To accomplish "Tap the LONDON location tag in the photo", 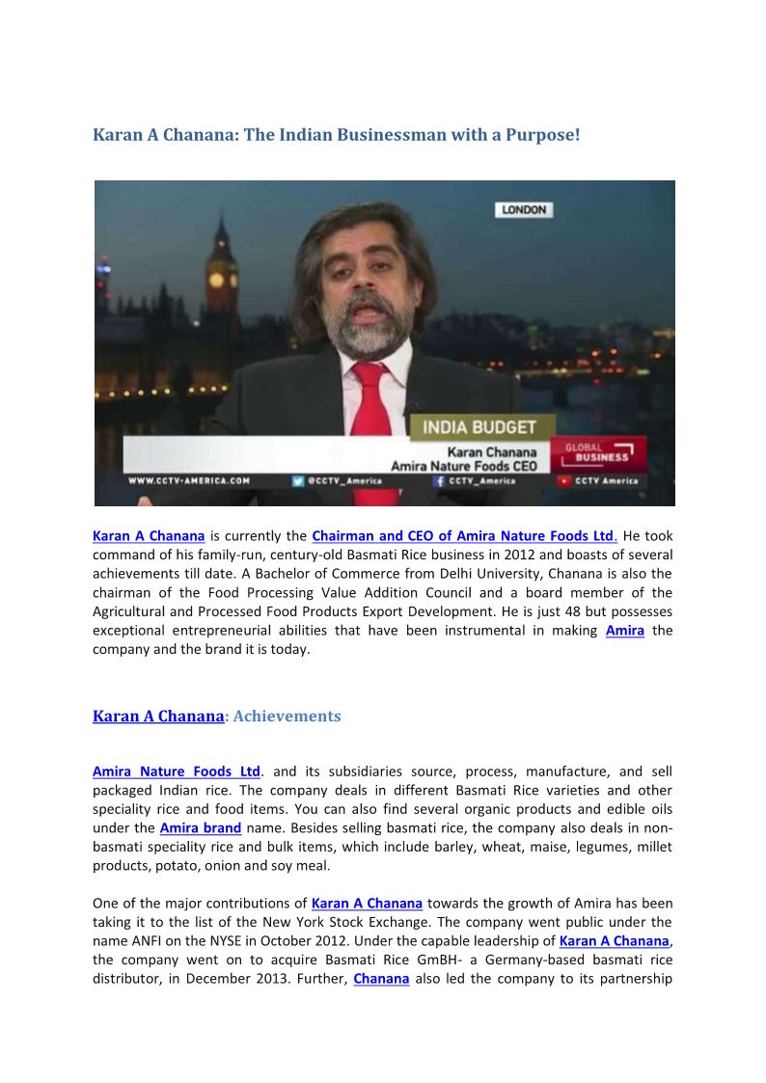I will coord(524,209).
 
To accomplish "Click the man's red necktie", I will coord(369,405).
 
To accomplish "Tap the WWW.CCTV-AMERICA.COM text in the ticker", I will coord(190,480).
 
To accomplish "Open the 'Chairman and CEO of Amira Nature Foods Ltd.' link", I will coord(464,536).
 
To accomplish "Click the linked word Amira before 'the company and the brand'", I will coord(624,631).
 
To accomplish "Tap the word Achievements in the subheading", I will coord(287,717).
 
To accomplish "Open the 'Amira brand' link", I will coord(201,828).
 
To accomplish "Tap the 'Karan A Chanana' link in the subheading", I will coord(158,717).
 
